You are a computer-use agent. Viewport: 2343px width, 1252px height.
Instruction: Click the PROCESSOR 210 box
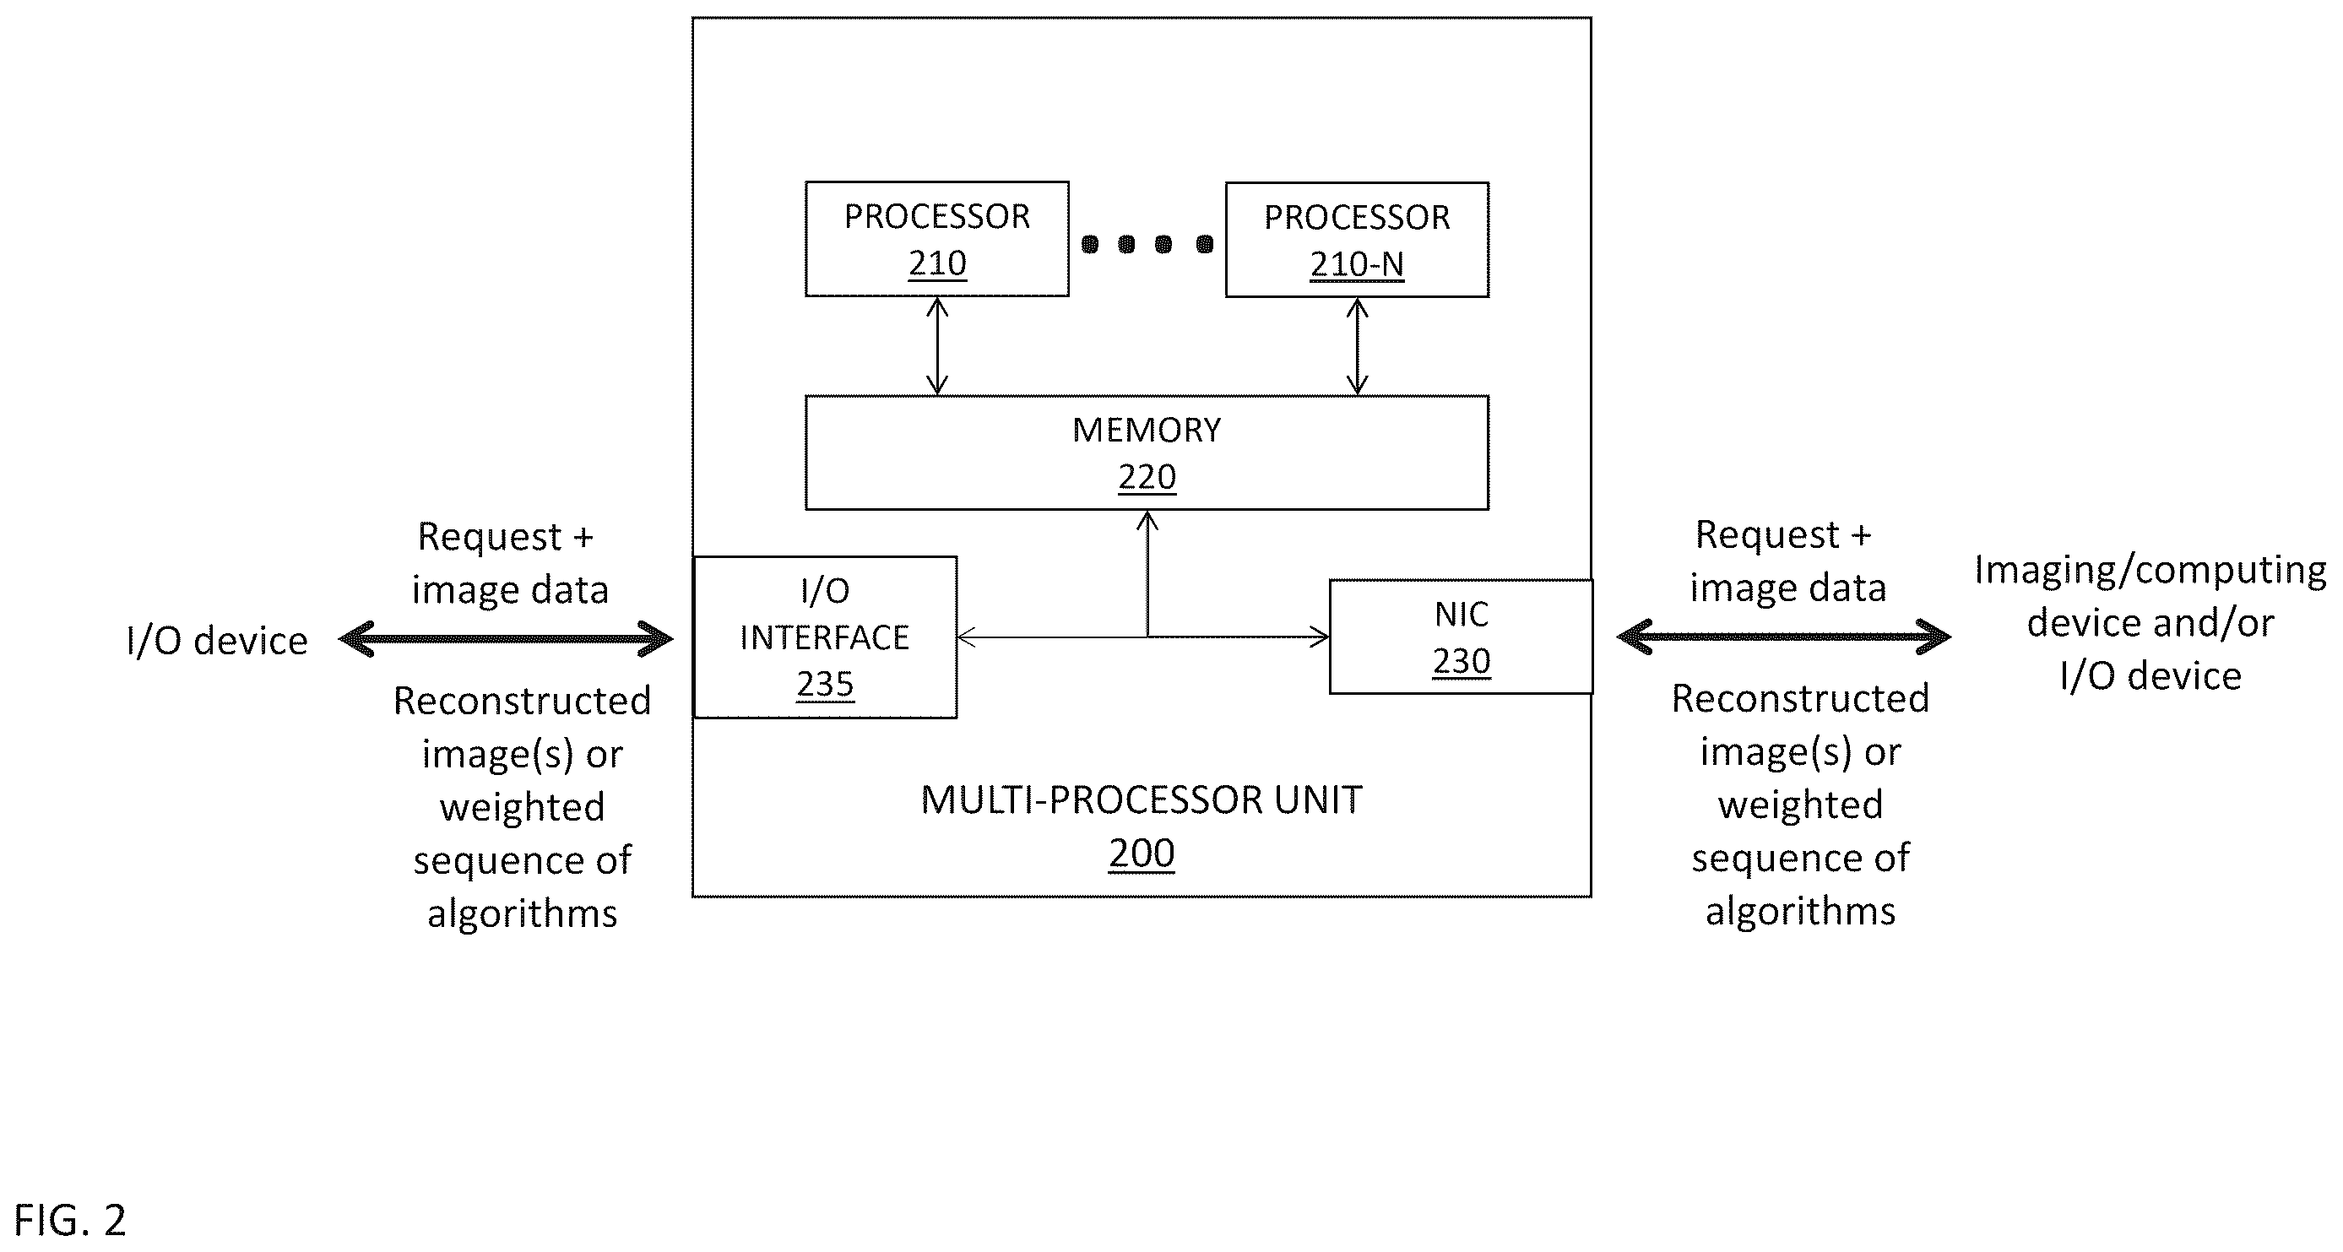937,239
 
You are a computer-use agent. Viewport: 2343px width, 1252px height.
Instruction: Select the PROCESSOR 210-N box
1357,240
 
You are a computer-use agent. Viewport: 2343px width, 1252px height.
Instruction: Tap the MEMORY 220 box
1147,453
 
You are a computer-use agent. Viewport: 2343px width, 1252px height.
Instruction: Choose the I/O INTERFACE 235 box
825,637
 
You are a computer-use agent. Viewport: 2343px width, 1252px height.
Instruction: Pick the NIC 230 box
1461,637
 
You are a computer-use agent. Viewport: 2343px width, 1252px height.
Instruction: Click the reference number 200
1142,854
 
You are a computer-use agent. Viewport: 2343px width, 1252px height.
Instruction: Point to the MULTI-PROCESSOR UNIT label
1142,800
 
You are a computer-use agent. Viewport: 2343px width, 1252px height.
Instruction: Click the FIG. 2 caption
70,1220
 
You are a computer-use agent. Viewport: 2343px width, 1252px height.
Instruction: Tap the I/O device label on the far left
217,641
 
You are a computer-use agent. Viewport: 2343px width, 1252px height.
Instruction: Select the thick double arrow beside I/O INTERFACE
506,639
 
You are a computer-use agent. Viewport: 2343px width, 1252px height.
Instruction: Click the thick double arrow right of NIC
1783,637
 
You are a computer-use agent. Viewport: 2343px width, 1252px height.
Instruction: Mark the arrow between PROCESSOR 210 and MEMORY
937,346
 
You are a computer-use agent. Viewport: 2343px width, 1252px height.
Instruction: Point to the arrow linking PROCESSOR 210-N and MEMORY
1357,346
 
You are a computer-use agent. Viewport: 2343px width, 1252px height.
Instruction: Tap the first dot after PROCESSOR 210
1090,244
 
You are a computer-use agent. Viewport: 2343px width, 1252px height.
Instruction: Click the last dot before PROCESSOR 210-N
1204,244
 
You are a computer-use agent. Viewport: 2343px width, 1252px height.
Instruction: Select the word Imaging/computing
2150,571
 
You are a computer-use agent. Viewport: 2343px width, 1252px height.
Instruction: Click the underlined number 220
1147,477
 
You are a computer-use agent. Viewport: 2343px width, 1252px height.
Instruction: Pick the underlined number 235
825,685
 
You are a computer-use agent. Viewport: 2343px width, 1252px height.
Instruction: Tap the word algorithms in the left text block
522,913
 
